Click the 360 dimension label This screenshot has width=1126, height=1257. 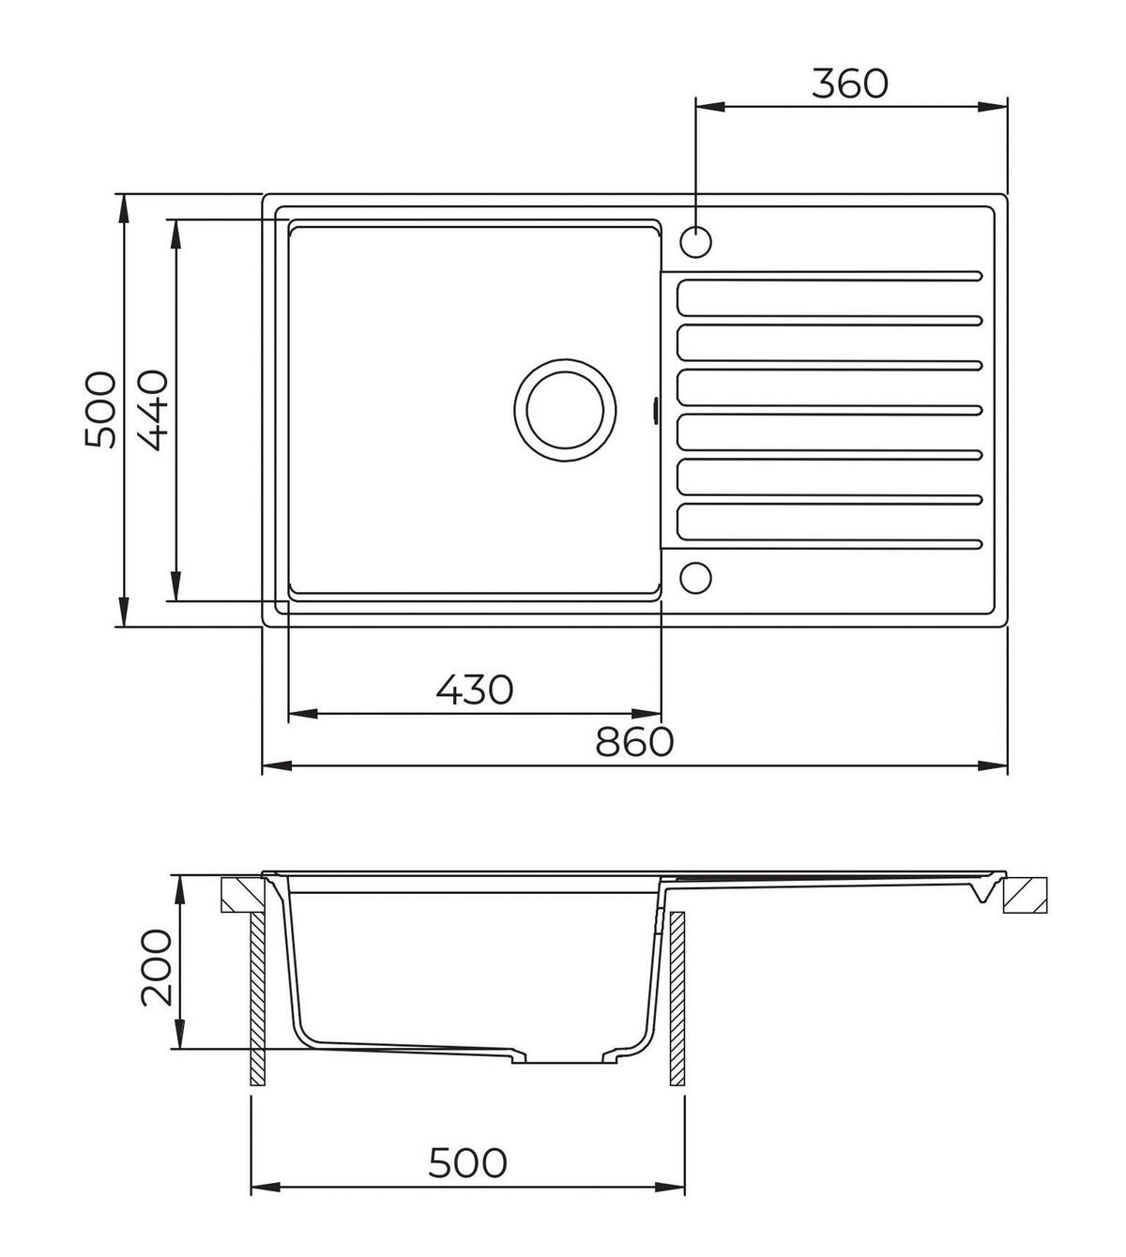(850, 83)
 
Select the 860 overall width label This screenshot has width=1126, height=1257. (633, 741)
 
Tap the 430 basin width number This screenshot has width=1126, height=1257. (475, 689)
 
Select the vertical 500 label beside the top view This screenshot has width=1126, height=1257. (100, 410)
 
